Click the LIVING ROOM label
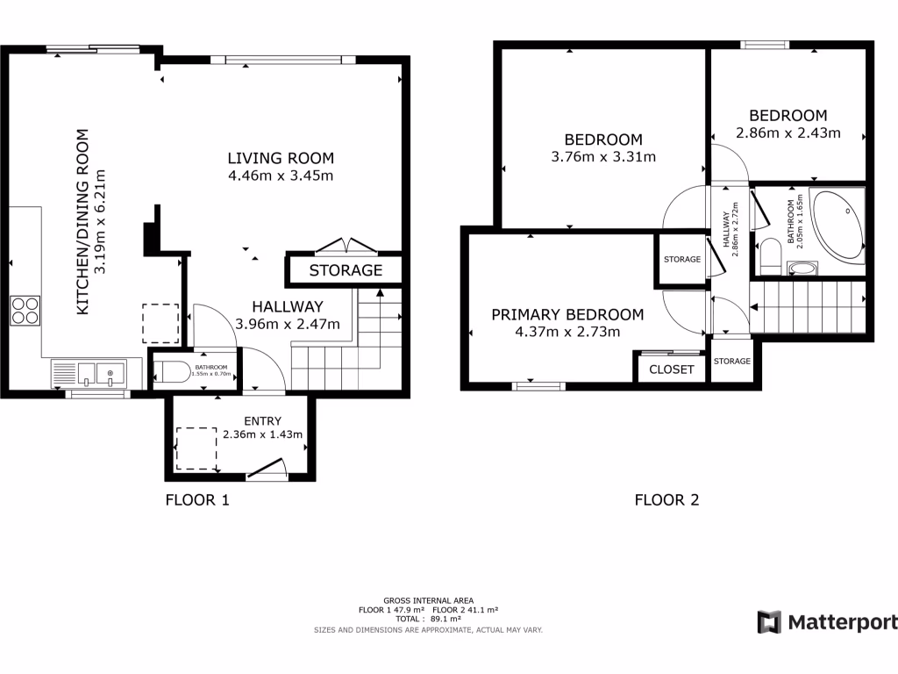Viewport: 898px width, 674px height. point(281,158)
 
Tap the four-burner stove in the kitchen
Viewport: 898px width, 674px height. point(25,312)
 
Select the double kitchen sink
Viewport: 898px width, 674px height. point(97,373)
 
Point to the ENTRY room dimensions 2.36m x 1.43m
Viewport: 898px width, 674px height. point(262,434)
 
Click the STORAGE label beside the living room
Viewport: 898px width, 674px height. point(346,270)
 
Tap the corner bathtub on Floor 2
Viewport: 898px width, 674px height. point(837,226)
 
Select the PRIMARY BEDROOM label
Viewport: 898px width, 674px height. point(567,315)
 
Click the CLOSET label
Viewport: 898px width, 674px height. point(672,369)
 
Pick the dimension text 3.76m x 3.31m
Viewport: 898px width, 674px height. point(603,157)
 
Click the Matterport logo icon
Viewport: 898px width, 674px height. point(769,622)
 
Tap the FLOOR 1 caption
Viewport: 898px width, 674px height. point(197,500)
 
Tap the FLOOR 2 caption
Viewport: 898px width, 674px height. point(666,500)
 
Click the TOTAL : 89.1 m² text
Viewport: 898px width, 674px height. point(428,619)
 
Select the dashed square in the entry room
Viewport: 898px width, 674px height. point(196,448)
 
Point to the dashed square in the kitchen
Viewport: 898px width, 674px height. point(160,322)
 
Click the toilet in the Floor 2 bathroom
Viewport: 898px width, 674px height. point(773,255)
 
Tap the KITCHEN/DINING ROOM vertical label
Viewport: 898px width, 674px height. point(83,222)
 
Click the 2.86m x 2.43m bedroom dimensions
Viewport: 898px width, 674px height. point(788,133)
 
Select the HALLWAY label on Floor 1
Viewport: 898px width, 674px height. point(288,307)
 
